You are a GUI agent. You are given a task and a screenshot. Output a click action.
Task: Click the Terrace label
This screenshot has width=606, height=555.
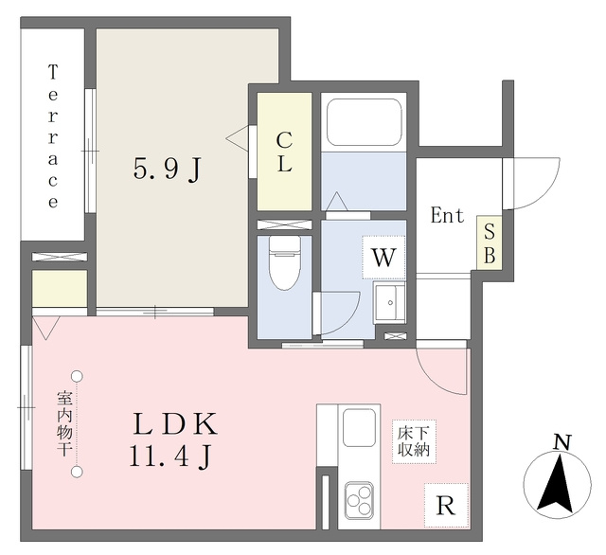(53, 136)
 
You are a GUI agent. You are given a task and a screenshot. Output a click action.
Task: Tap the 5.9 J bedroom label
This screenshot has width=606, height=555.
(168, 170)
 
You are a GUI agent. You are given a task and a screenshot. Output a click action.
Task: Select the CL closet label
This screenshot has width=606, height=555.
(284, 152)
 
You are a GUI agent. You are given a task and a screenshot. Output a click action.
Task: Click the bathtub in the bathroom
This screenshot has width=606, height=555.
(364, 122)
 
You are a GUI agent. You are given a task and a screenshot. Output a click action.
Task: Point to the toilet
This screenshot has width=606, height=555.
(285, 263)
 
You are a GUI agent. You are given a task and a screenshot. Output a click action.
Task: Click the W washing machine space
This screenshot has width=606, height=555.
(383, 257)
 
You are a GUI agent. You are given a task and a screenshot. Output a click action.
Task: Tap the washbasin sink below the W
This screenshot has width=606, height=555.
(389, 302)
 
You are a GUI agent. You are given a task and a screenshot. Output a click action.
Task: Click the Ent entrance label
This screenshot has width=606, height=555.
(447, 215)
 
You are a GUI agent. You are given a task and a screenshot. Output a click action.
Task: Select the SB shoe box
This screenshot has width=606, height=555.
(490, 242)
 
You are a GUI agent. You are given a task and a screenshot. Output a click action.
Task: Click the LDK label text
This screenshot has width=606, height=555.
(175, 424)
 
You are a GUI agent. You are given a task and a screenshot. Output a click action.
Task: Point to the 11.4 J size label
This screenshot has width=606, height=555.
(170, 457)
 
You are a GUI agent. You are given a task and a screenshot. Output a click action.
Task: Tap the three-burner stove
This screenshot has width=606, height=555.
(360, 500)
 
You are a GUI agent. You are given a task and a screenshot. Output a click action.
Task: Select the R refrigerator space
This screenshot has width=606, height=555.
(446, 505)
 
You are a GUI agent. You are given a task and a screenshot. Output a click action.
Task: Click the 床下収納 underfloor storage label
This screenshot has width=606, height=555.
(414, 441)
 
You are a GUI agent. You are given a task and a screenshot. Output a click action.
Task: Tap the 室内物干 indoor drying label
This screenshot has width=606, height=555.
(63, 423)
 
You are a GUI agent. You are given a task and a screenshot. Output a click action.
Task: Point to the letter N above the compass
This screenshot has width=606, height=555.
(562, 442)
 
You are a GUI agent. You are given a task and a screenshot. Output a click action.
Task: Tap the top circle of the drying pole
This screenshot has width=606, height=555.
(78, 376)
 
